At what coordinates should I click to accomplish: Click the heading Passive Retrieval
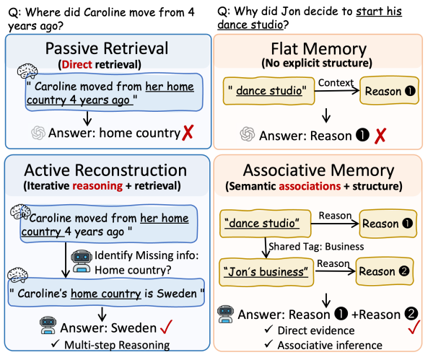click(107, 48)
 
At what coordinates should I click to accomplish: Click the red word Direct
click(76, 65)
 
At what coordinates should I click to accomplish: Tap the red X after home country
click(188, 133)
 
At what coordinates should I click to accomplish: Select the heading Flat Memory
click(319, 49)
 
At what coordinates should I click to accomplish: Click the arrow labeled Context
click(337, 91)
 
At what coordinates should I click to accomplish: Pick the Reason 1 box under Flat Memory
click(390, 91)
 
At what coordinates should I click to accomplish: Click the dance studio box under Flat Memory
click(269, 91)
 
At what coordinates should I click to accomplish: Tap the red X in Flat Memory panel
click(380, 136)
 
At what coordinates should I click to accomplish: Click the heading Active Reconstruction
click(105, 170)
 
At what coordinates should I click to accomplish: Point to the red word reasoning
click(97, 186)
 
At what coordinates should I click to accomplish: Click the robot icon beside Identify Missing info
click(82, 261)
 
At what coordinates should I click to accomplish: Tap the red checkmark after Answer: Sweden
click(167, 327)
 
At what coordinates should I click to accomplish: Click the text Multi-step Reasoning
click(117, 345)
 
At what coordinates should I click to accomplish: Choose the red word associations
click(310, 186)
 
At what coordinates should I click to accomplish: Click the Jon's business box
click(266, 272)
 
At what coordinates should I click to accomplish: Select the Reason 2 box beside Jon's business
click(385, 271)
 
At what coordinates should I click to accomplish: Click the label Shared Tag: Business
click(317, 246)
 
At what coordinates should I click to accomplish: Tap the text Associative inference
click(330, 345)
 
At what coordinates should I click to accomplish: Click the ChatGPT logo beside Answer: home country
click(38, 133)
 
